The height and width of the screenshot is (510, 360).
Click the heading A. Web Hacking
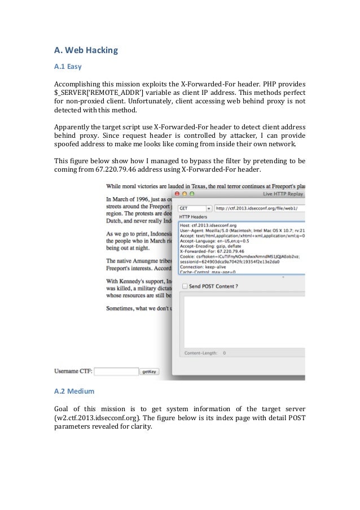click(86, 50)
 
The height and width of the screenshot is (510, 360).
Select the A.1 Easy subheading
click(68, 67)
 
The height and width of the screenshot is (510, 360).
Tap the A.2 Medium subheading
click(74, 391)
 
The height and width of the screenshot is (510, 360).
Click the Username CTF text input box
click(116, 372)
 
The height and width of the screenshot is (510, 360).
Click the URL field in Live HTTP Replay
click(260, 208)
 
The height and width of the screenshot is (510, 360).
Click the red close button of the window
click(175, 194)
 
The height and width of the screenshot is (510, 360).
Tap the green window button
click(191, 194)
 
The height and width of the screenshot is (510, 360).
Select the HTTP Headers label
click(193, 217)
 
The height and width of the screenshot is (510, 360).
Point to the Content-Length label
click(201, 353)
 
